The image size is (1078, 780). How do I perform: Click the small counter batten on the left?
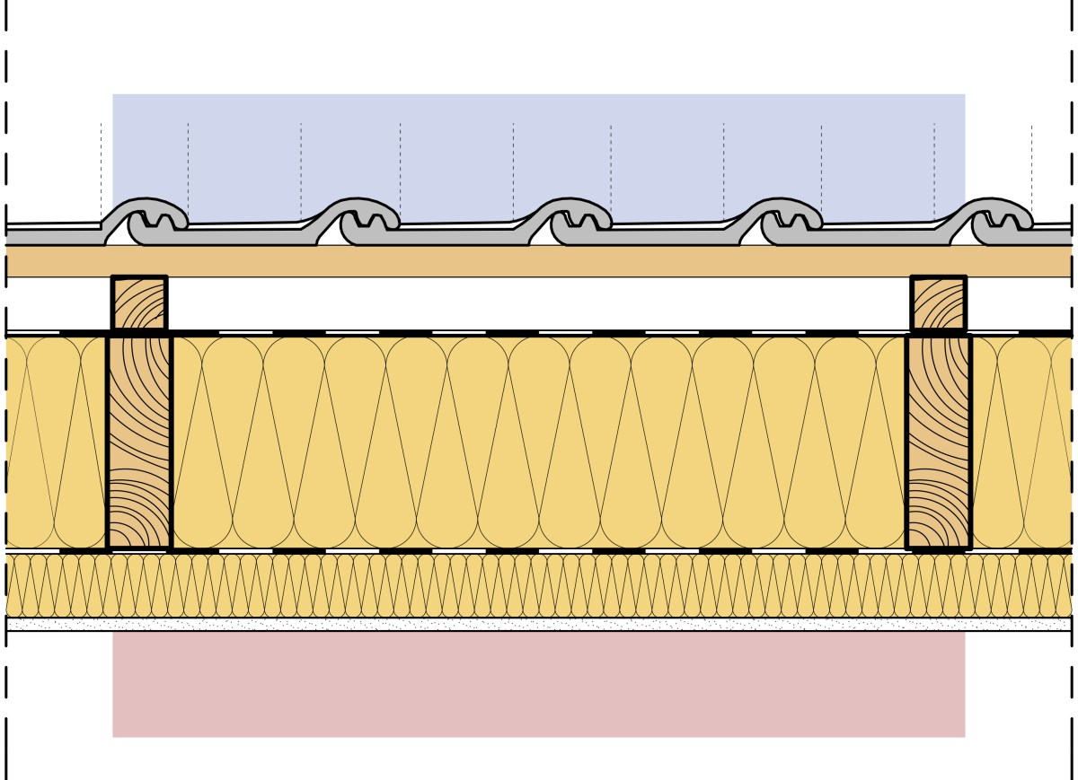(139, 303)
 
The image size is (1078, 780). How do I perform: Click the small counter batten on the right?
(939, 303)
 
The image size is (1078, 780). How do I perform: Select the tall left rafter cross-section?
(139, 442)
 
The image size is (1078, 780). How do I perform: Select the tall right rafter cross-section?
(939, 442)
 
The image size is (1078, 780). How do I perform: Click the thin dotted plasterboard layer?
(539, 624)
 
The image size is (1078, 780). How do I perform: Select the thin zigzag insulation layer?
(539, 585)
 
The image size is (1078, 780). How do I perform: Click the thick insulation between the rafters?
(539, 442)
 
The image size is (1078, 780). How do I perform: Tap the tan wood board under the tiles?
(539, 261)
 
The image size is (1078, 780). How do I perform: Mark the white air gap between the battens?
(539, 303)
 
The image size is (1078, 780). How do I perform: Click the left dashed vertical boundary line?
(6, 386)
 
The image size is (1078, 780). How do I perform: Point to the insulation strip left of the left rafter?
(56, 442)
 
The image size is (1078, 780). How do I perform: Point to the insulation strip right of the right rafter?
(1022, 442)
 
